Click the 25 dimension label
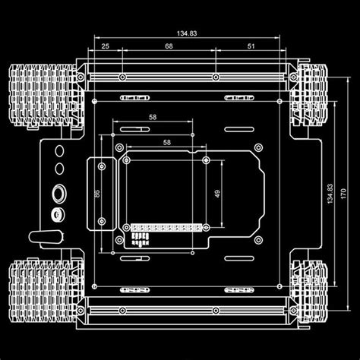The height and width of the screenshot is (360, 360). [x=104, y=46]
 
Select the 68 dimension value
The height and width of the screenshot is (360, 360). [x=169, y=46]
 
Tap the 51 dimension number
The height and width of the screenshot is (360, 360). [x=251, y=46]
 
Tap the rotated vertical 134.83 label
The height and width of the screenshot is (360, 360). [x=329, y=194]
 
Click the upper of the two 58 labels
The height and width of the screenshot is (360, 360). [x=153, y=118]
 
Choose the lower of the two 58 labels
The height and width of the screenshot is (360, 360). [x=166, y=143]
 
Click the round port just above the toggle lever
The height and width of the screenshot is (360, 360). [x=55, y=215]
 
